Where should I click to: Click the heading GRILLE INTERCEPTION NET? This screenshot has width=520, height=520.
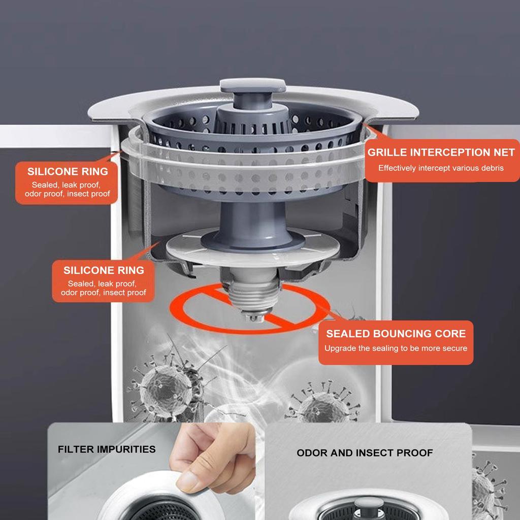click(x=441, y=152)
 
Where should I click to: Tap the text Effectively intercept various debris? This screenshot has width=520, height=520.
click(x=441, y=168)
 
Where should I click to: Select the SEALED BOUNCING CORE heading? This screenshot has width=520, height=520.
click(x=396, y=333)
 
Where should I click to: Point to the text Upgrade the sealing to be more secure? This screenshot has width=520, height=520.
click(x=396, y=348)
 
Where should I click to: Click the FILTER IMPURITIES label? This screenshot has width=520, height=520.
click(x=107, y=449)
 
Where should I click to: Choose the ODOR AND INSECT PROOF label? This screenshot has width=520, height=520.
click(x=365, y=452)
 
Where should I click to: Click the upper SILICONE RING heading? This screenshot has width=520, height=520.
click(x=68, y=172)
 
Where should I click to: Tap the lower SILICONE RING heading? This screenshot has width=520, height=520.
click(x=104, y=270)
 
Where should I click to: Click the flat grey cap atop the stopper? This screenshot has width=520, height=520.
click(x=253, y=85)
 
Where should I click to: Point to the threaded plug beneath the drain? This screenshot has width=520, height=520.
click(x=253, y=294)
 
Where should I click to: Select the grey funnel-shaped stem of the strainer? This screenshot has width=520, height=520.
click(x=253, y=225)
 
